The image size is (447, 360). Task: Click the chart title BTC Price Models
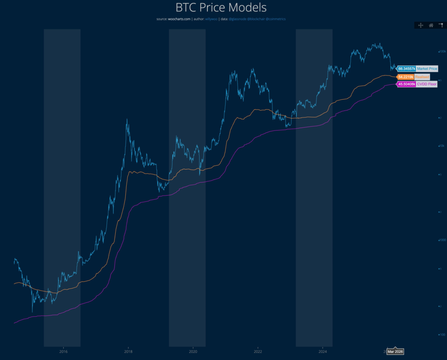pos(221,8)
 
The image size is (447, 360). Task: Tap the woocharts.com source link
pos(179,19)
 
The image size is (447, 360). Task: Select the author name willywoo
pos(211,19)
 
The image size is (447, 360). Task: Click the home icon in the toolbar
pos(431,25)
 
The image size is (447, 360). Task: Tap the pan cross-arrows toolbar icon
pos(421,25)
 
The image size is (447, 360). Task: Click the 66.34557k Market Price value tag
pos(406,69)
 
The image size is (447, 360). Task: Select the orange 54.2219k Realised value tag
pos(406,76)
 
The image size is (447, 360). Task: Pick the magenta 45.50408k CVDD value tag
pos(406,84)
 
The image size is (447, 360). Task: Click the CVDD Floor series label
pos(426,84)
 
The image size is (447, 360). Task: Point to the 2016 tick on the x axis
pos(63,351)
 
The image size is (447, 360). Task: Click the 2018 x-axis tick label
pos(128,351)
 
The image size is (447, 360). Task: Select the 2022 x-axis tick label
pos(258,351)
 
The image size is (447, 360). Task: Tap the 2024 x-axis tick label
pos(323,351)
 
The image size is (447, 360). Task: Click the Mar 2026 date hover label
pos(395,351)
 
